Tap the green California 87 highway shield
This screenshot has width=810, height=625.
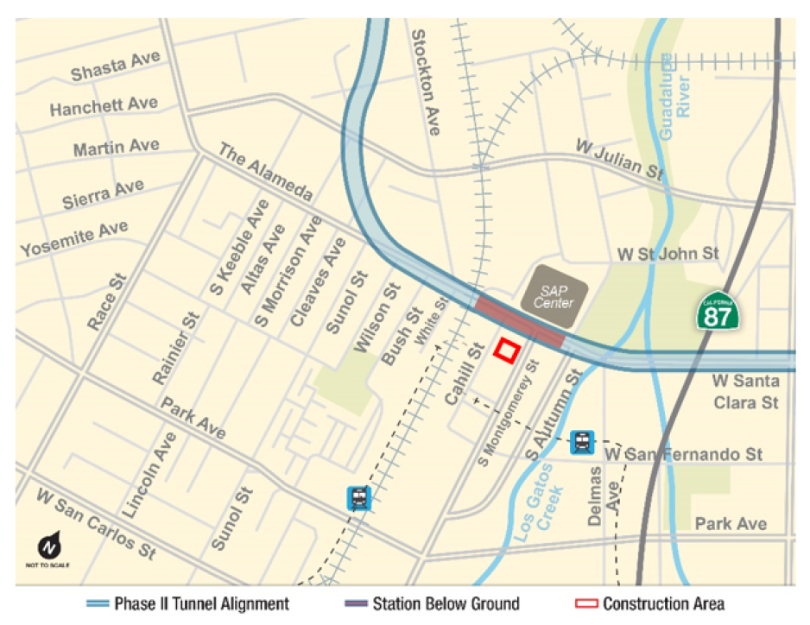[x=718, y=312]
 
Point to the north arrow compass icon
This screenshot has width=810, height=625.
[x=48, y=546]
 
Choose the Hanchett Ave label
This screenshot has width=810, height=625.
[x=104, y=106]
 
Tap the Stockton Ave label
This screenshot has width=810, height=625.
[x=426, y=82]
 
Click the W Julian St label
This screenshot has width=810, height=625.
[x=621, y=159]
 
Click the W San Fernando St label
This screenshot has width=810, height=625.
[x=684, y=454]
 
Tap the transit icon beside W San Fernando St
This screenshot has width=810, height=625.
[x=583, y=443]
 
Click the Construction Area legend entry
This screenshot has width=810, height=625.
[x=649, y=603]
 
